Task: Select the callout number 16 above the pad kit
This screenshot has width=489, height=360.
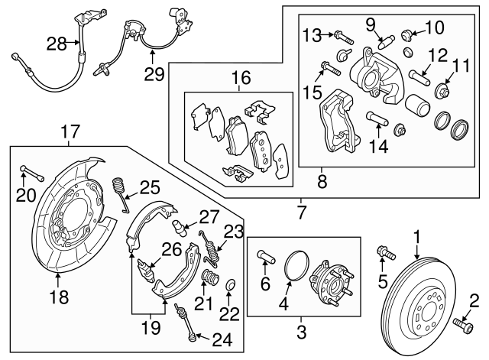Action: pyautogui.click(x=242, y=78)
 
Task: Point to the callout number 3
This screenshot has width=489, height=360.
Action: pyautogui.click(x=300, y=332)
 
